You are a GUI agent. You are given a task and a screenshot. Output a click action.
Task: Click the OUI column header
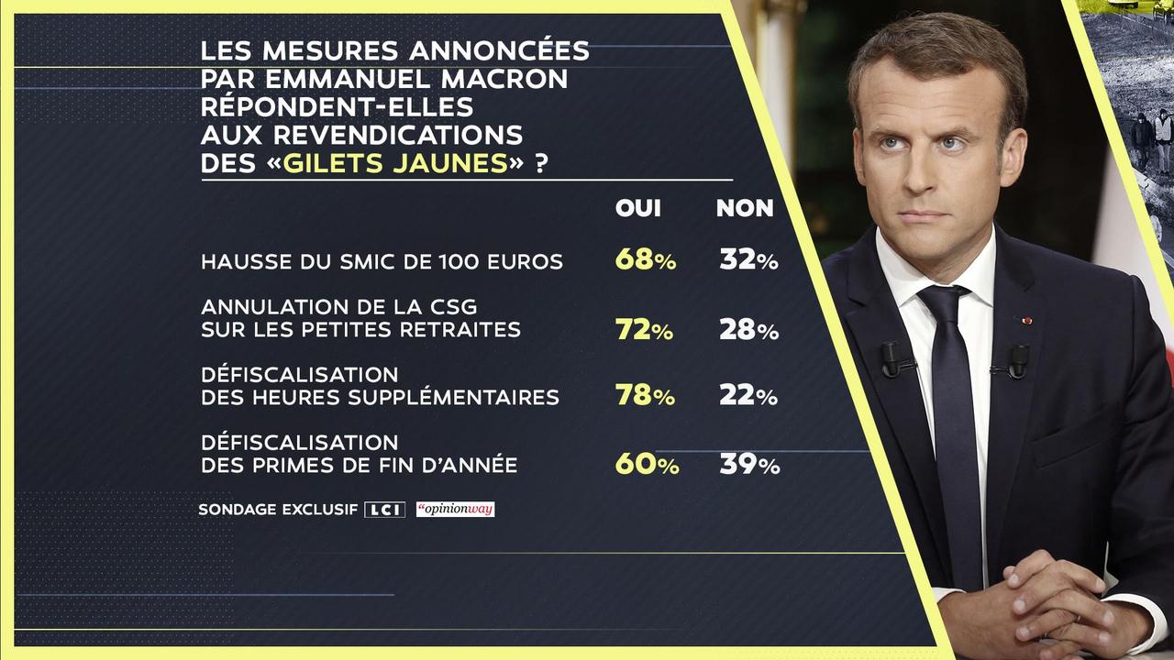tap(637, 208)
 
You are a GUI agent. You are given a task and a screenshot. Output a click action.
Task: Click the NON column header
tap(745, 208)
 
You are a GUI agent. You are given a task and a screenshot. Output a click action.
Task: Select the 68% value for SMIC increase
tap(645, 260)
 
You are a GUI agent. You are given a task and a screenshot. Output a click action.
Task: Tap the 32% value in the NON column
tap(748, 260)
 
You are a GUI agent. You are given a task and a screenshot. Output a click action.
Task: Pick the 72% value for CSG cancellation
tap(645, 330)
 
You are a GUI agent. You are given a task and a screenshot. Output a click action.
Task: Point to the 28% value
tap(748, 330)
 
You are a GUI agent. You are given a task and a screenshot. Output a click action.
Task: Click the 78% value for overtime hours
tap(645, 396)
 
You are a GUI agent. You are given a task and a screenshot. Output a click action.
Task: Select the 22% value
tap(748, 396)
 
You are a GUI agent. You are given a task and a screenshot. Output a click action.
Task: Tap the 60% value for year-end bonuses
tap(647, 465)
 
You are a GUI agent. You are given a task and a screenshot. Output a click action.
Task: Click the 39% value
tap(749, 465)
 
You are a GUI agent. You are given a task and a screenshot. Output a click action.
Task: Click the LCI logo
tap(384, 510)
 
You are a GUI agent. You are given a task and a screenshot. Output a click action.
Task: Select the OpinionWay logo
tap(455, 509)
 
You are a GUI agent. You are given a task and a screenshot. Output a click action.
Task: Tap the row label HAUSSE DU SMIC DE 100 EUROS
tap(382, 261)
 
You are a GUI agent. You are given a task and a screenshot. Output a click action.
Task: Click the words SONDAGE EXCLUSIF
tap(278, 510)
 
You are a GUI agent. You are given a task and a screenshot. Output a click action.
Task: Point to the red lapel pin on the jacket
tap(1026, 321)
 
